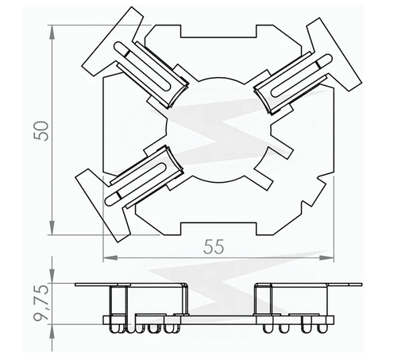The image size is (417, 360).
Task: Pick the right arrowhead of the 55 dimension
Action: coord(332,257)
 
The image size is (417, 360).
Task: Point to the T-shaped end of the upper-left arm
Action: coord(115,40)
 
